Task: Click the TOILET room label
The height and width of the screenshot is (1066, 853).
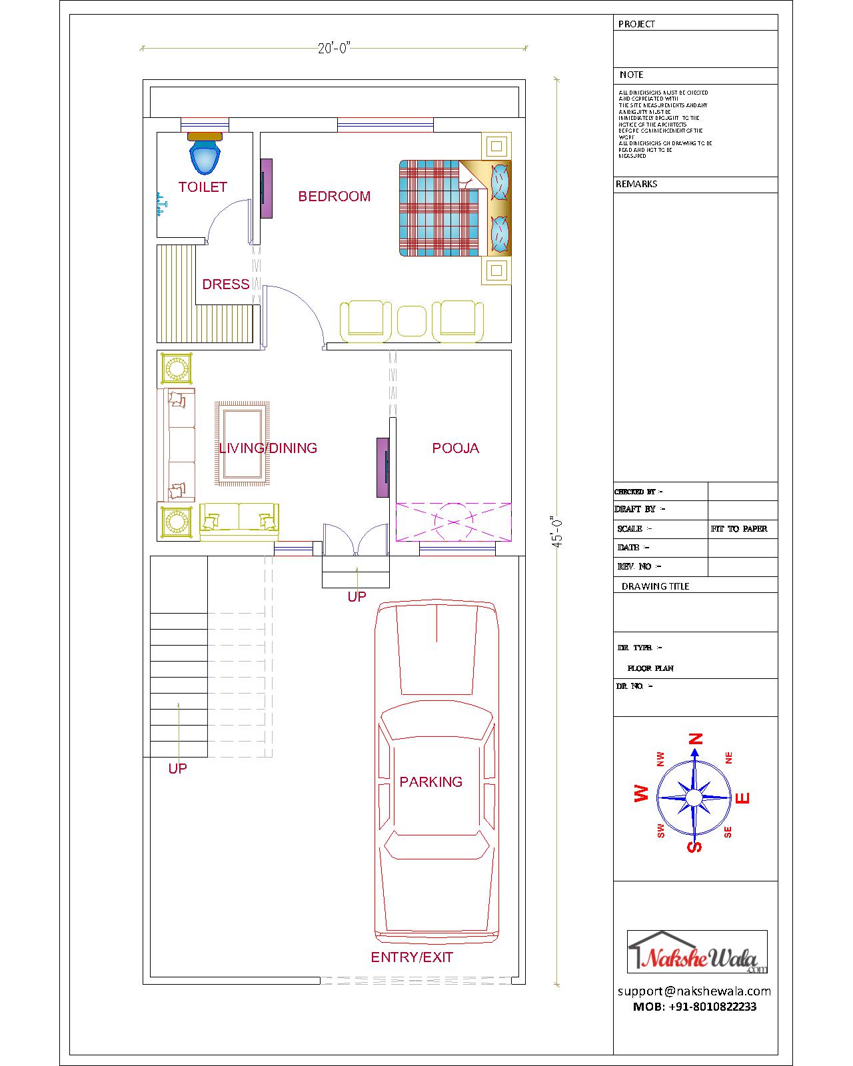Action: (203, 187)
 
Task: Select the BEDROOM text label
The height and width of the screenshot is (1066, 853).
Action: (334, 196)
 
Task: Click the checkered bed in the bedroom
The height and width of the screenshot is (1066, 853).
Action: (440, 208)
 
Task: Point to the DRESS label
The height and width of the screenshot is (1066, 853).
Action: (225, 284)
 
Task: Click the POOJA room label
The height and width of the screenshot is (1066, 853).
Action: (455, 448)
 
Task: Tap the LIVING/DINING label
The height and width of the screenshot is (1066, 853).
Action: (268, 448)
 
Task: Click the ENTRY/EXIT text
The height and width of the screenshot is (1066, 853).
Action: (412, 957)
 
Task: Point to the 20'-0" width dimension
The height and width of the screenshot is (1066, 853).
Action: (334, 48)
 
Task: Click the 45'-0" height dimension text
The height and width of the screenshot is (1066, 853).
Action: (558, 531)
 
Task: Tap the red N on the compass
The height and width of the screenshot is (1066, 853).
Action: (696, 739)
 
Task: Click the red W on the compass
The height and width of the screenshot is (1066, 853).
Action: (641, 794)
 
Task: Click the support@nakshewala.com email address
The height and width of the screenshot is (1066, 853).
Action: (694, 991)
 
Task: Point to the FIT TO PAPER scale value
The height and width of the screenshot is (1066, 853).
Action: (739, 529)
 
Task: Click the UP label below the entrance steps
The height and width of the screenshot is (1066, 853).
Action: (357, 597)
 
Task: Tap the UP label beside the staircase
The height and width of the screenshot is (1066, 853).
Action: (177, 769)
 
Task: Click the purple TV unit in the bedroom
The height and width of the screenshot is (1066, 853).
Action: (266, 188)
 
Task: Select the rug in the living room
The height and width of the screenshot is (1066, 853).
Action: (242, 443)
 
